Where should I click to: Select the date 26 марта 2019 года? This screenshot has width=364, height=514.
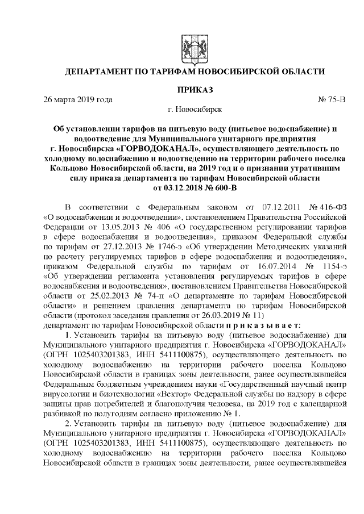click(x=78, y=100)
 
